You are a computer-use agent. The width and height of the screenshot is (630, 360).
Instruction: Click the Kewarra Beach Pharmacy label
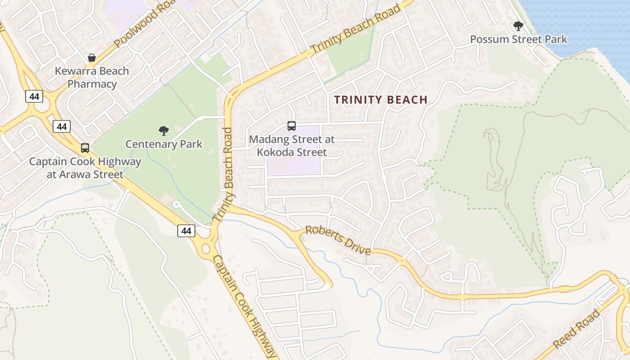click(x=92, y=77)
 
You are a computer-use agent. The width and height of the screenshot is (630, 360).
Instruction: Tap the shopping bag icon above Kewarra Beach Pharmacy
click(x=92, y=58)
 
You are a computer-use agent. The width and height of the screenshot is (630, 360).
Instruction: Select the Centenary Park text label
click(x=164, y=144)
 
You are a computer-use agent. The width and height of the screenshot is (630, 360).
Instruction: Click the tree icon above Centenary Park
click(x=164, y=131)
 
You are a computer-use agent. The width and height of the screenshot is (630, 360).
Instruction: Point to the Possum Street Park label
click(x=518, y=39)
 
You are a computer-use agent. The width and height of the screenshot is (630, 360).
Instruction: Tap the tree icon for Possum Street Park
click(x=518, y=26)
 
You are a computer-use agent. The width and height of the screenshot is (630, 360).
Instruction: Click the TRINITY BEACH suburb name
click(x=381, y=100)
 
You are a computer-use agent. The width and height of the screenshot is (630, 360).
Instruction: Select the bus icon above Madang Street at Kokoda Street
click(x=292, y=126)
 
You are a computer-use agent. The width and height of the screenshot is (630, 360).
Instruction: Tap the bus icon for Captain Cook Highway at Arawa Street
click(x=85, y=148)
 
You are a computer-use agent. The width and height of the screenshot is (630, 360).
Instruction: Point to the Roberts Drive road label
click(x=338, y=240)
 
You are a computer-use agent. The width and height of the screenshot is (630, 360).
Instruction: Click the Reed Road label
click(x=576, y=329)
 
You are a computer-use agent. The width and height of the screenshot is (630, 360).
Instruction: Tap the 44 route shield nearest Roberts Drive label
click(x=186, y=231)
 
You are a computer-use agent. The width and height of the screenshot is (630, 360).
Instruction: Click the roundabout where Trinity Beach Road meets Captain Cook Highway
click(x=206, y=248)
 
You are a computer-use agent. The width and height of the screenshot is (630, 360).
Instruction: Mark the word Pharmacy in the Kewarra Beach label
click(x=92, y=84)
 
